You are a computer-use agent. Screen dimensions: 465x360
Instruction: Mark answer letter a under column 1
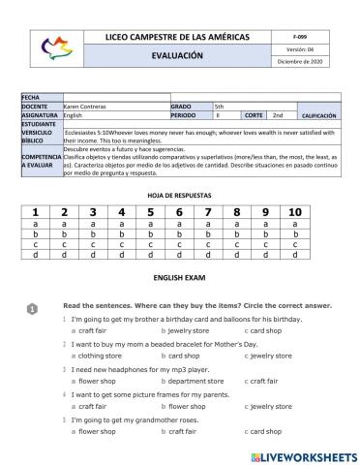click(35, 224)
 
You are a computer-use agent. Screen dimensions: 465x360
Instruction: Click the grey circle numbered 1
click(31, 308)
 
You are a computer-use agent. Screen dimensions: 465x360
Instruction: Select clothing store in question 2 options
click(99, 356)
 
